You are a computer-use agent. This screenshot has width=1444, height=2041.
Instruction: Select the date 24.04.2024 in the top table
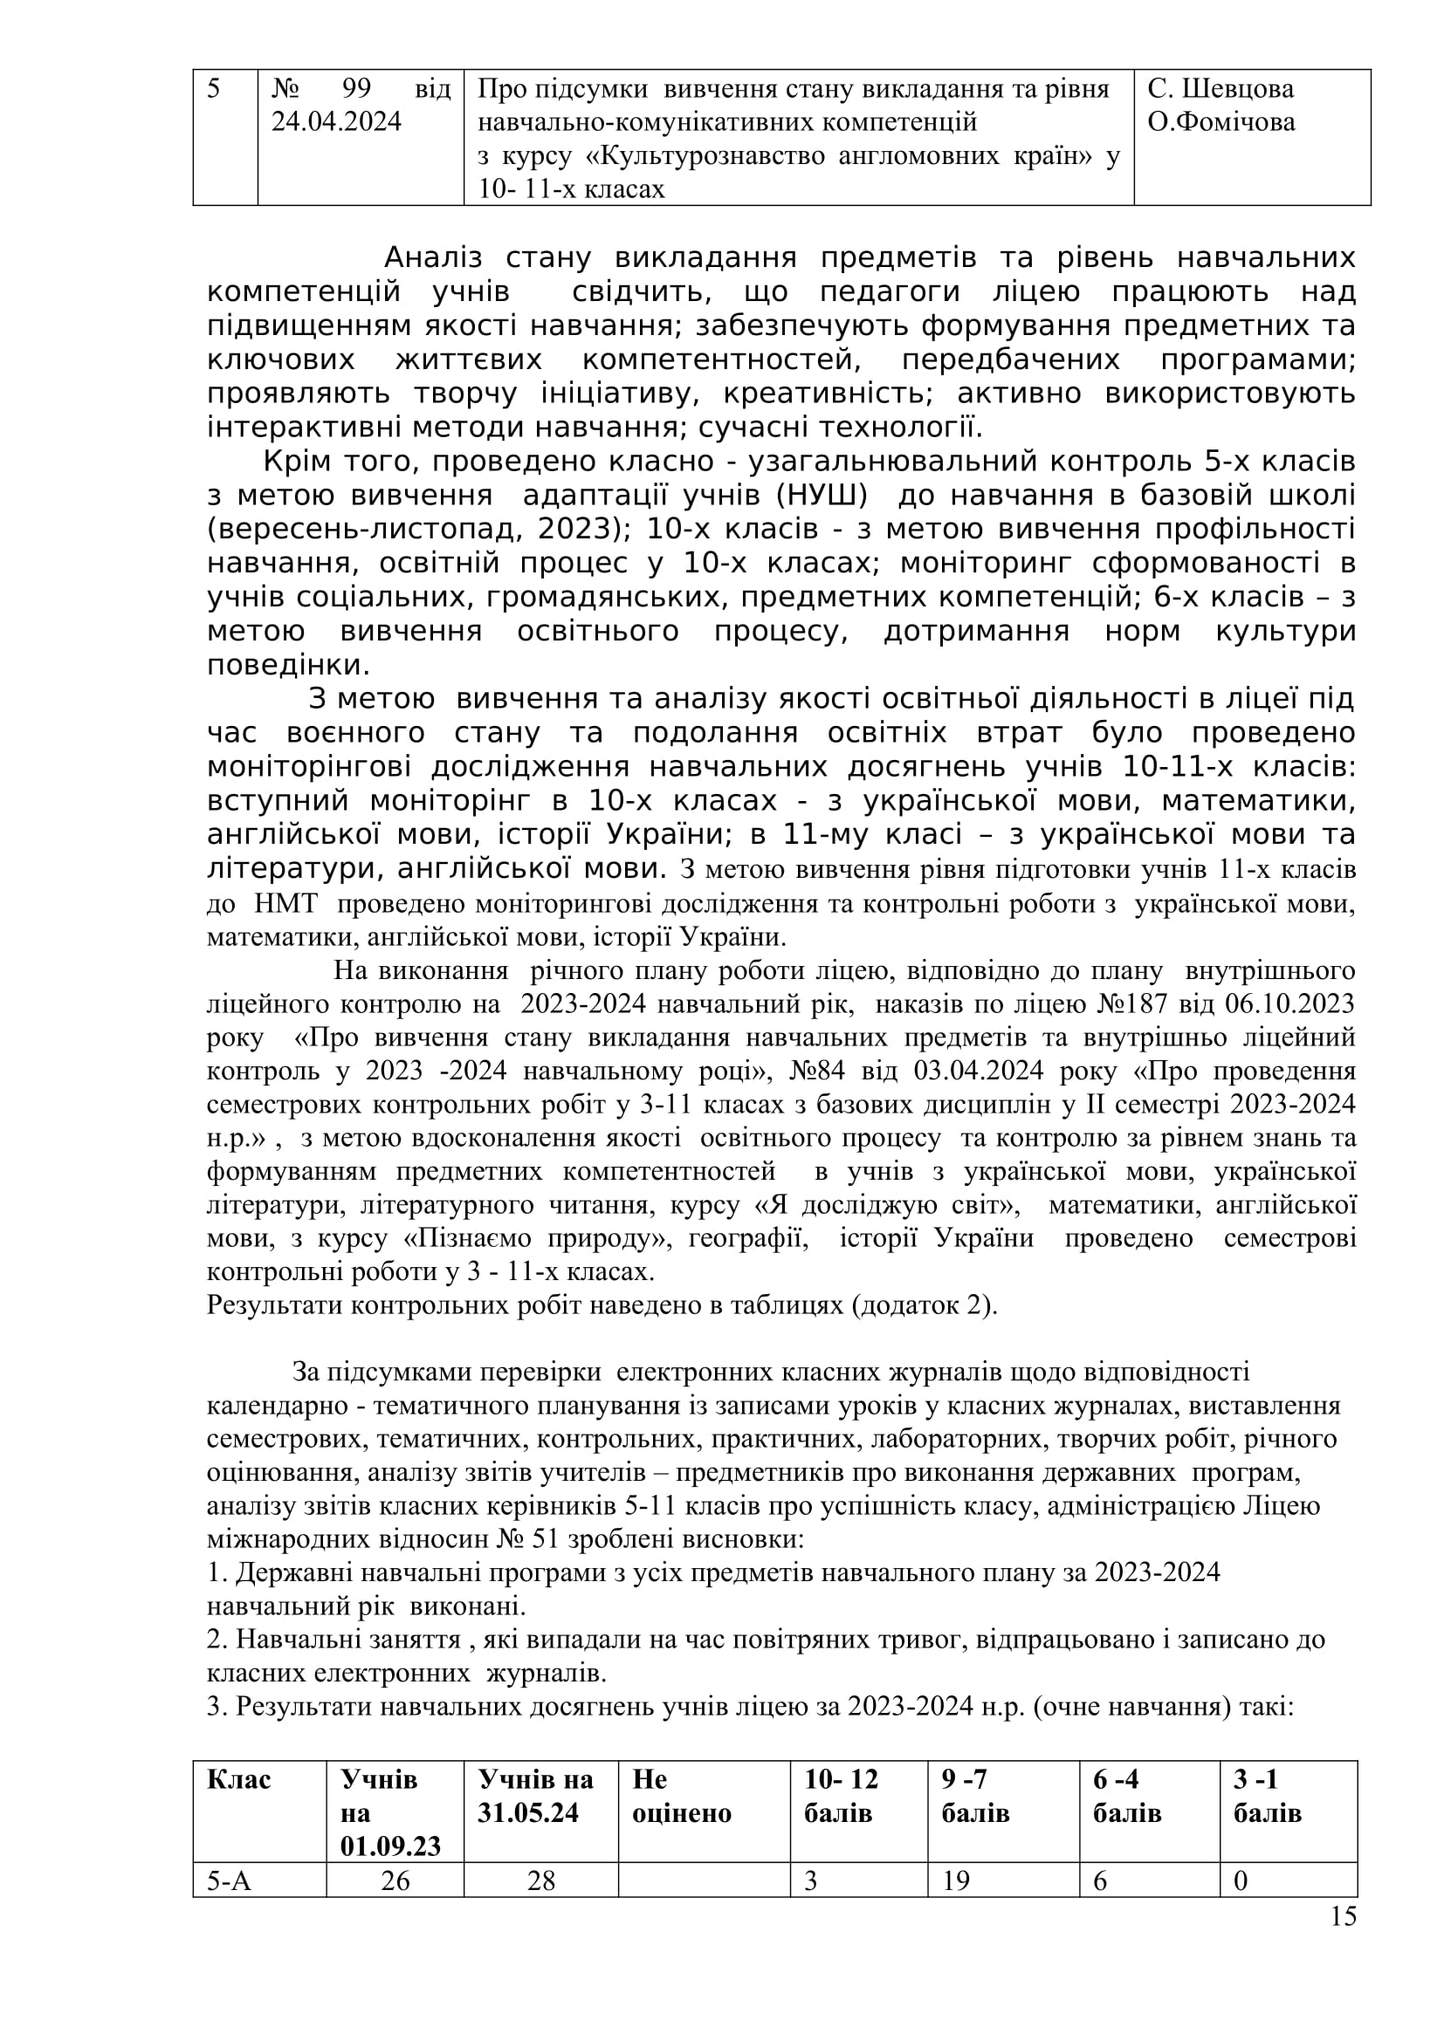tap(336, 122)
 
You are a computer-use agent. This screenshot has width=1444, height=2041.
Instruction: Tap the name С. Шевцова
tap(1220, 89)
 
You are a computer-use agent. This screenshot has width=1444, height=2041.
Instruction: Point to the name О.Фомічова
tap(1221, 122)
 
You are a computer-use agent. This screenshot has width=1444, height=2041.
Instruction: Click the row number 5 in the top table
tap(213, 89)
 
